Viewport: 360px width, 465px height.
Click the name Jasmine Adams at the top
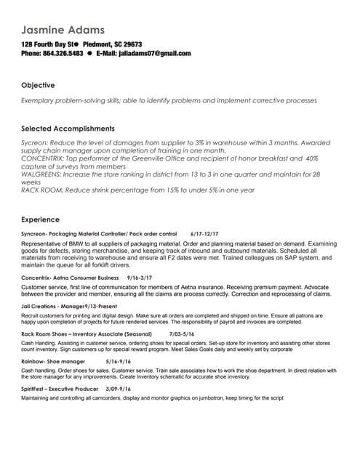(x=63, y=30)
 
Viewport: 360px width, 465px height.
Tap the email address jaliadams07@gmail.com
(x=154, y=53)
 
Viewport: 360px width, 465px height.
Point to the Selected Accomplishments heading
(x=68, y=129)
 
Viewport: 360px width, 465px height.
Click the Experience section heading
(x=41, y=219)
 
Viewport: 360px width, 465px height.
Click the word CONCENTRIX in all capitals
(x=44, y=158)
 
